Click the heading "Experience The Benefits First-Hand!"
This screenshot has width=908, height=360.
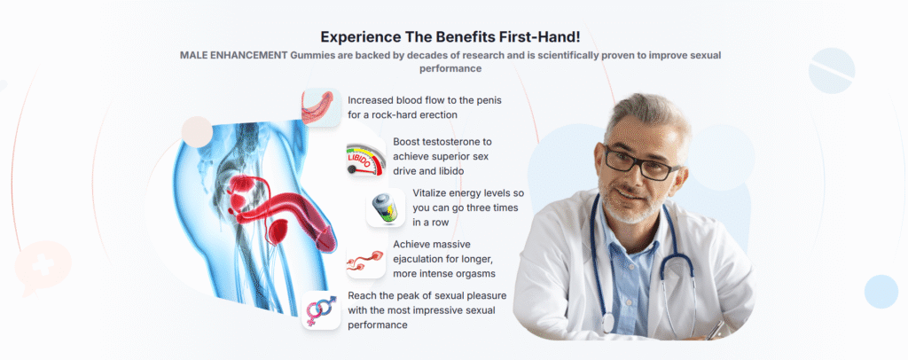(450, 37)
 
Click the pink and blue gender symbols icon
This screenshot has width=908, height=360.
(321, 310)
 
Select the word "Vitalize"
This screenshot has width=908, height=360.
(431, 192)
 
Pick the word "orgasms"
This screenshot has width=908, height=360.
(476, 273)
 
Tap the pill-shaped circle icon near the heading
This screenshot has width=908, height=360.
(832, 71)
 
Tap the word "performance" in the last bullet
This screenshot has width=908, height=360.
(378, 325)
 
